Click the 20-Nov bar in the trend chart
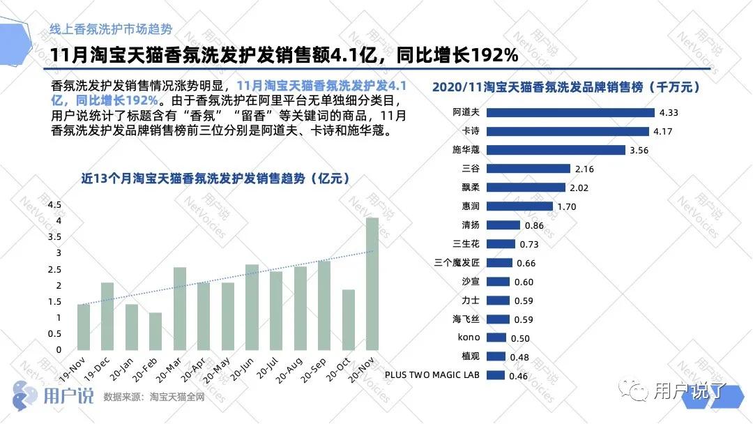point(372,284)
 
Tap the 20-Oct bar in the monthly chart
point(349,319)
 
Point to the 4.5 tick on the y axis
point(54,204)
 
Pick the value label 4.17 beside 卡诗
point(661,131)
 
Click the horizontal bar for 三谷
point(528,169)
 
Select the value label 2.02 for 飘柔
point(580,188)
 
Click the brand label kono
point(469,338)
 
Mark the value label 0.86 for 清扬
point(533,225)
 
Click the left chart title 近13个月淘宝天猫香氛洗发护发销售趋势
point(215,179)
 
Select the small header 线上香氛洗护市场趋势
point(111,29)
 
